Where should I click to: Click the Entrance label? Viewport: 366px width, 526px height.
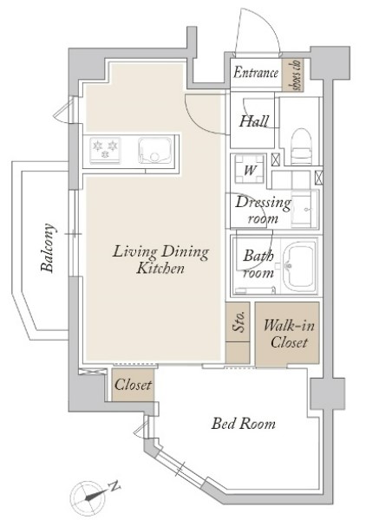tap(256, 72)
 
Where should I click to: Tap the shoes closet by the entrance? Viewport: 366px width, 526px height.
tap(293, 75)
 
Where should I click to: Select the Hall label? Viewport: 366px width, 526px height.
tap(254, 121)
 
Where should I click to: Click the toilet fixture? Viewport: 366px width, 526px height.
tap(301, 146)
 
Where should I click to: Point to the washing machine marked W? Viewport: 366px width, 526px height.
tap(249, 169)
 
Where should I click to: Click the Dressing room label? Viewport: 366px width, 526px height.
tap(263, 210)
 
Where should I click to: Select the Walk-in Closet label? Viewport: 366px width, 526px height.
tap(289, 334)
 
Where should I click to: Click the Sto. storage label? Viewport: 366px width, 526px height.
tap(239, 322)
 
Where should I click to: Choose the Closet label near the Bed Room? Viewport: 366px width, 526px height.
tap(133, 385)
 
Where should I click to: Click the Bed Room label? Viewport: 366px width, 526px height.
tap(244, 424)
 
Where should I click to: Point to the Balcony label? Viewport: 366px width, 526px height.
tap(47, 247)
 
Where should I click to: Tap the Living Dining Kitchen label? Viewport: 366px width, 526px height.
tap(160, 260)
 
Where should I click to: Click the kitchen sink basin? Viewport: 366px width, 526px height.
tap(154, 150)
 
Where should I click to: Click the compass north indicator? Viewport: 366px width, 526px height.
tap(86, 497)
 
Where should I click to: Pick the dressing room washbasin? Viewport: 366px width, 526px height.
tap(304, 209)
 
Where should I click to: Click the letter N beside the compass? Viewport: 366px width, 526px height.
tap(114, 486)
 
